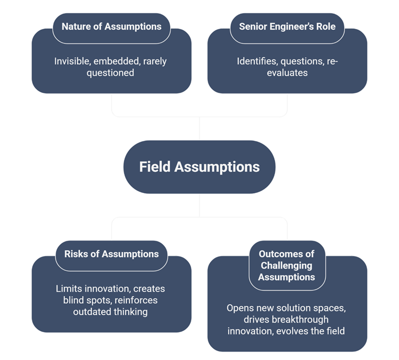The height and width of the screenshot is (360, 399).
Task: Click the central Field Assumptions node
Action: click(199, 167)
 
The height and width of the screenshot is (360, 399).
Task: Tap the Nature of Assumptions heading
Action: click(111, 26)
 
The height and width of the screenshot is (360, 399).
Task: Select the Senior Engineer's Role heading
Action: click(287, 26)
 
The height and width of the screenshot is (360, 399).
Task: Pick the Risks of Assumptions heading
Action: click(111, 253)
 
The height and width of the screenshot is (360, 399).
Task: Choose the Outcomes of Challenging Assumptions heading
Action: click(287, 265)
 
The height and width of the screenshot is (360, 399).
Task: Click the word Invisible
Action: click(72, 61)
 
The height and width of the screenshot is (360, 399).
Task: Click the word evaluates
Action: click(287, 73)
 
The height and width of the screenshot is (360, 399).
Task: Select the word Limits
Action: click(68, 289)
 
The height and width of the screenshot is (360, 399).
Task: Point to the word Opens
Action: click(239, 307)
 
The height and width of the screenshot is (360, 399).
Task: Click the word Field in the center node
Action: click(155, 167)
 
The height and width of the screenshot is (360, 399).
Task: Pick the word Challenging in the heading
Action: click(287, 265)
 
